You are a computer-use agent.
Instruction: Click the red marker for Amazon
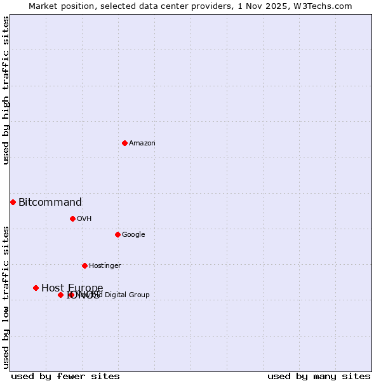124,143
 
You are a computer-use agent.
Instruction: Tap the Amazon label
142,144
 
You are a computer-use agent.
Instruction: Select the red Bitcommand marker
13,202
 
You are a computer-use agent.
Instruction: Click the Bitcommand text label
50,203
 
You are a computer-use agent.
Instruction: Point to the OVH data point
72,218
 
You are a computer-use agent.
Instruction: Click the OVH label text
84,219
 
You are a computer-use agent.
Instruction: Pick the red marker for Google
117,234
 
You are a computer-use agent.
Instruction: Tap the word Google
133,235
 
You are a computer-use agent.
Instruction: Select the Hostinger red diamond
84,265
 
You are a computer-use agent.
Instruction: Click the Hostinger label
105,266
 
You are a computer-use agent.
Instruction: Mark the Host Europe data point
36,288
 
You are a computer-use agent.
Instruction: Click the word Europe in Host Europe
86,288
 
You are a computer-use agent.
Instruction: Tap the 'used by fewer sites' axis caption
65,377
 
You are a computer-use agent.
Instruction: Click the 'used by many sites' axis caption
319,377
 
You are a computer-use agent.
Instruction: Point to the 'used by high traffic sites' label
6,90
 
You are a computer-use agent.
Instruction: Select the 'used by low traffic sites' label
6,297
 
